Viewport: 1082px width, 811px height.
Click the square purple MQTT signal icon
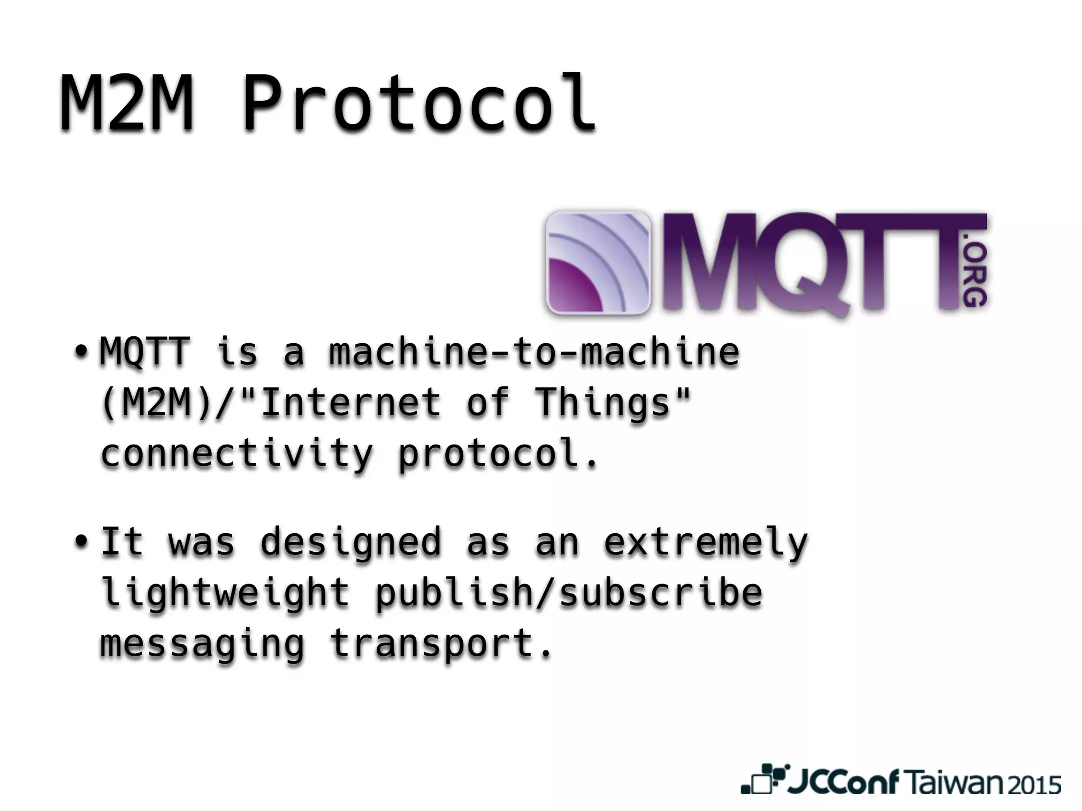tap(598, 262)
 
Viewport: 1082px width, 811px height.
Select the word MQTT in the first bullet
tap(145, 352)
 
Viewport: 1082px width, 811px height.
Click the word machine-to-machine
tap(534, 352)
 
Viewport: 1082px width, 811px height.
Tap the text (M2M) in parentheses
tap(156, 402)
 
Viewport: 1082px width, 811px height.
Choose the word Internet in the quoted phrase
tap(351, 402)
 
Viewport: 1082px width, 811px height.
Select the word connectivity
tap(237, 453)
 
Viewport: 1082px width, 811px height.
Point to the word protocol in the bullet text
tap(498, 453)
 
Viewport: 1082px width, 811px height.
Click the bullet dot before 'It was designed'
tap(81, 541)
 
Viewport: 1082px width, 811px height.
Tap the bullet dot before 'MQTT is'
tap(81, 351)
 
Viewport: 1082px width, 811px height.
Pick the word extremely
tap(706, 542)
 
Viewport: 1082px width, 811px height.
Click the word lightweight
tap(225, 592)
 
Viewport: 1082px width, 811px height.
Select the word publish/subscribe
tap(568, 592)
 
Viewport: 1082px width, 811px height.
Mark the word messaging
tap(203, 643)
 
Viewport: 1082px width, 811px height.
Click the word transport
tap(441, 643)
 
